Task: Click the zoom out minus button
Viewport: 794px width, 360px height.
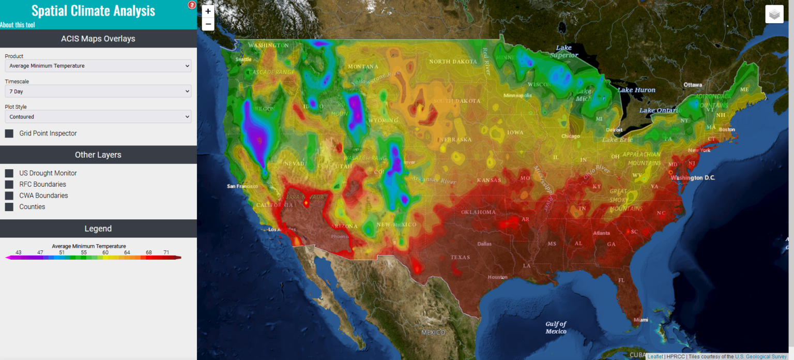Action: pyautogui.click(x=208, y=24)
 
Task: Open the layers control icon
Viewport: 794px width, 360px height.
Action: pyautogui.click(x=774, y=14)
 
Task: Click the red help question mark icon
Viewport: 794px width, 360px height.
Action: pyautogui.click(x=192, y=5)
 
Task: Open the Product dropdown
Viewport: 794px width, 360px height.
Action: pyautogui.click(x=98, y=66)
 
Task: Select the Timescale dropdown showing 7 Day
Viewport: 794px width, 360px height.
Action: pyautogui.click(x=98, y=92)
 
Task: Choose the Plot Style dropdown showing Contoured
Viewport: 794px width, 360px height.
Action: pyautogui.click(x=98, y=117)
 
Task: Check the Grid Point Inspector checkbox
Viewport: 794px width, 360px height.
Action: pyautogui.click(x=9, y=133)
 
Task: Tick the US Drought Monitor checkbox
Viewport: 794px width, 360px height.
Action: pyautogui.click(x=9, y=173)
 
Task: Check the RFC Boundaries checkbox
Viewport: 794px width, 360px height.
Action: pyautogui.click(x=9, y=185)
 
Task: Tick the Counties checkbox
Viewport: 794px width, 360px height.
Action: pyautogui.click(x=9, y=207)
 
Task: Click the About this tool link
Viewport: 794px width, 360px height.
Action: pyautogui.click(x=18, y=25)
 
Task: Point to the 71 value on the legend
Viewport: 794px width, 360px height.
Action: pyautogui.click(x=166, y=252)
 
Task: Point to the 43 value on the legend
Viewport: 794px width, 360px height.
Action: pyautogui.click(x=19, y=252)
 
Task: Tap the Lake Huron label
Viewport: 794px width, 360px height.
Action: pyautogui.click(x=636, y=90)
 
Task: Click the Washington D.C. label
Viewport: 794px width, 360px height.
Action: pyautogui.click(x=693, y=177)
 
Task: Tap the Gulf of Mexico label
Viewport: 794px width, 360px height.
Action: pyautogui.click(x=556, y=327)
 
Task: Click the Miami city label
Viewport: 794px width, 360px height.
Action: pyautogui.click(x=640, y=320)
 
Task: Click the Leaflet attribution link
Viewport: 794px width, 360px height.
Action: pyautogui.click(x=655, y=356)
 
